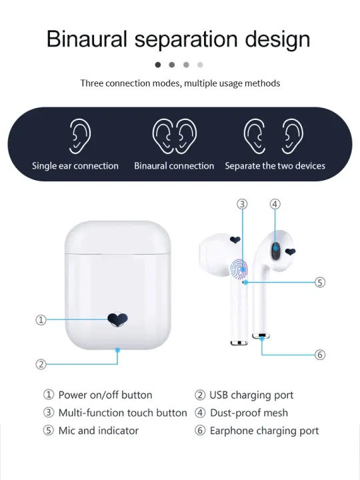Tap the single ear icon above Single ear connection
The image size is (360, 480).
(80, 137)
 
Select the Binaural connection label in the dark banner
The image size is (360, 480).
(174, 165)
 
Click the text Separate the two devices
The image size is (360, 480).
(275, 165)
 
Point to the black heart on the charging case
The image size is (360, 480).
(118, 319)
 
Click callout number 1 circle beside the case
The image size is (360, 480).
(41, 320)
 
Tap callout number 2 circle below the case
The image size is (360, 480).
(41, 364)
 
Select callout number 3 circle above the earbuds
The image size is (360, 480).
(243, 204)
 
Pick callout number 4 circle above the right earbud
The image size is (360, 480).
(275, 204)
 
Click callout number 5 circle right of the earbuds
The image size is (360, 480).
(320, 282)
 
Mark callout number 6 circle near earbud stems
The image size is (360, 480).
(320, 355)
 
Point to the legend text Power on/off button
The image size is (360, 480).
(105, 395)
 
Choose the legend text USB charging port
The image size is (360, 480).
(251, 395)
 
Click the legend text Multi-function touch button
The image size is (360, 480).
(123, 413)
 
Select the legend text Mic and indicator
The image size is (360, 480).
(99, 431)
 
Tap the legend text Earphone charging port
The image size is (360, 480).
(264, 431)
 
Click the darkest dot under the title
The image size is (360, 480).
(158, 65)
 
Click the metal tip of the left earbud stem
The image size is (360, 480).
(236, 343)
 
